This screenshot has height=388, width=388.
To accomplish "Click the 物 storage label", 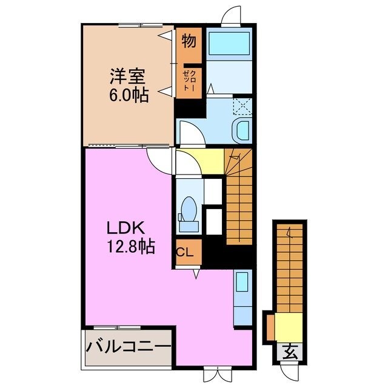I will [188, 42].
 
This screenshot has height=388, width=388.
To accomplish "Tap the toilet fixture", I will [189, 212].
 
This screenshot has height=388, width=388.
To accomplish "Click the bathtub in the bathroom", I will [229, 44].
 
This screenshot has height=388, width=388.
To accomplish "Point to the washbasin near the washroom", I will [242, 130].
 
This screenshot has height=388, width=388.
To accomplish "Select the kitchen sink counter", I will [241, 297].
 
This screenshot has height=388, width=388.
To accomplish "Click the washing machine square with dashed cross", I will [241, 105].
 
